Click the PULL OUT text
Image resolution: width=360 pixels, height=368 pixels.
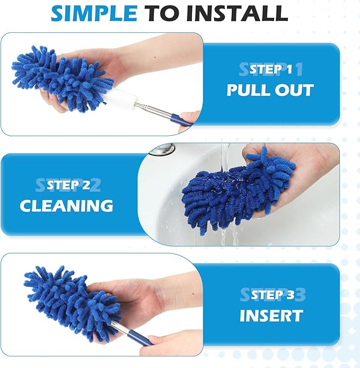click(270, 90)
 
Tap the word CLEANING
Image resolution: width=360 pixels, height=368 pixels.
click(67, 205)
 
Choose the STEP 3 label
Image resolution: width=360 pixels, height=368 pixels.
click(271, 295)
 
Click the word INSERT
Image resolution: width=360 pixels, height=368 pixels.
click(271, 315)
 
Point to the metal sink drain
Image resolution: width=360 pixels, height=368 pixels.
click(162, 148)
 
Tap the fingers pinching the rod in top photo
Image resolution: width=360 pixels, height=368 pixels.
click(188, 118)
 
